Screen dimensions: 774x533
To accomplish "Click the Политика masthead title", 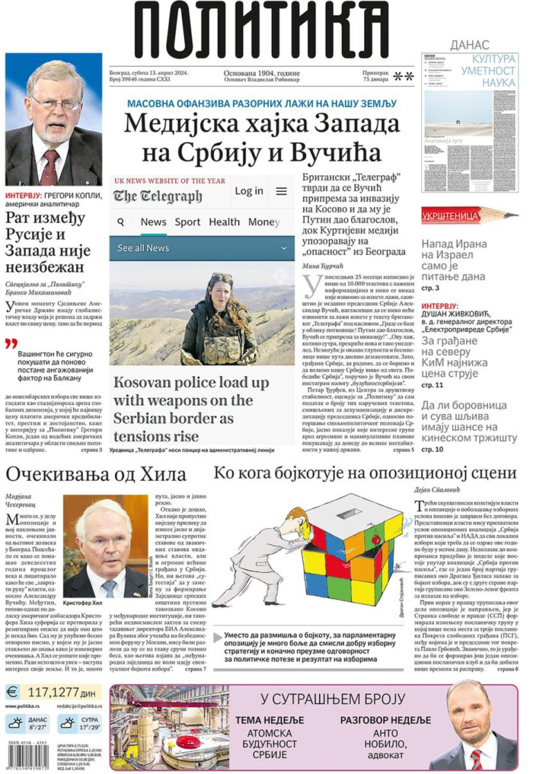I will point(261,31).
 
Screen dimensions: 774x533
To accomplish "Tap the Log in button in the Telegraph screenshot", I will point(249,191).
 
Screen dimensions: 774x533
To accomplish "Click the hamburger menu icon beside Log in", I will point(281,191).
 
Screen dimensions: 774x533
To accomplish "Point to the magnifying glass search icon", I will point(121,222).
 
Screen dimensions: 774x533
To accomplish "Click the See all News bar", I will point(201,248).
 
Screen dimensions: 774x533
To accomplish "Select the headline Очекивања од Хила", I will point(96,474).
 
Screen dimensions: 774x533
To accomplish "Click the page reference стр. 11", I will point(432,386).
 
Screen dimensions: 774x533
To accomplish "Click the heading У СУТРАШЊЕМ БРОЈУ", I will point(332,699).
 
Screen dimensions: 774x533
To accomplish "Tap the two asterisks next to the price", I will point(404,76).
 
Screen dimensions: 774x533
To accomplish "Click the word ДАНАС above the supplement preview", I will point(469,44).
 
